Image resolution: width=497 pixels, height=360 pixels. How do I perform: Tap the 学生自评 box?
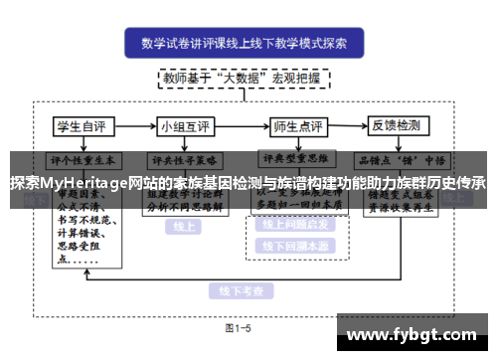pyautogui.click(x=82, y=126)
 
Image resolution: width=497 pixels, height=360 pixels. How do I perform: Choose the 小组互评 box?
pyautogui.click(x=186, y=126)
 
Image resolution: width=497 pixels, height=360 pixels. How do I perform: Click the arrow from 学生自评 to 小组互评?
pyautogui.click(x=134, y=126)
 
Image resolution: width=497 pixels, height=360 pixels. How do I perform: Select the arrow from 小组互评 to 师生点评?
pyautogui.click(x=241, y=126)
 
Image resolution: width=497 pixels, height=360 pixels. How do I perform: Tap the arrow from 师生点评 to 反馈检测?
pyautogui.click(x=350, y=126)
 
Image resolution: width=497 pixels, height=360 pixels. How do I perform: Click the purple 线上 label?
pyautogui.click(x=184, y=226)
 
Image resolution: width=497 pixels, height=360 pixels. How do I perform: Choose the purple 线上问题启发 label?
pyautogui.click(x=297, y=225)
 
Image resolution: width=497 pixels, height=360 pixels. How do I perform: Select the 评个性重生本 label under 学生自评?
pyautogui.click(x=82, y=158)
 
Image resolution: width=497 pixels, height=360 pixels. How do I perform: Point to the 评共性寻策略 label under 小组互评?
pyautogui.click(x=186, y=158)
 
